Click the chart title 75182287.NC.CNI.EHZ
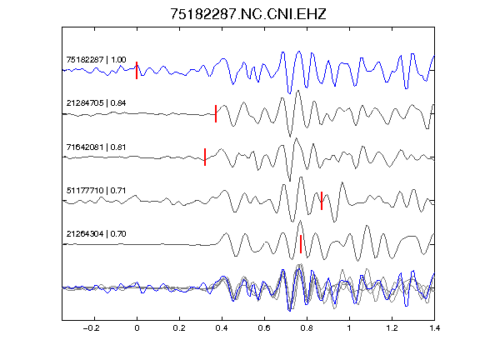(248, 14)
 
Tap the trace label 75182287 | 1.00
(96, 59)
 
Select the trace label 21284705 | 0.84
(96, 102)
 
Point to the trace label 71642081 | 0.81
(96, 147)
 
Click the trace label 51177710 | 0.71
(96, 190)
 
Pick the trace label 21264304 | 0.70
(96, 234)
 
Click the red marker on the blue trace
(137, 70)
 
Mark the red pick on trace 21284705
(216, 113)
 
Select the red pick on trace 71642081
(205, 157)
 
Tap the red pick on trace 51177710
(322, 201)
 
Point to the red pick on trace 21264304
(301, 244)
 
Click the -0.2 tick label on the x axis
(92, 328)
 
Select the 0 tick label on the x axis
(137, 328)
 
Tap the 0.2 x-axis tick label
(179, 328)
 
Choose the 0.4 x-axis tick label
(222, 328)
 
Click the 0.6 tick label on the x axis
(264, 328)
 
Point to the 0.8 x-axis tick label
(307, 328)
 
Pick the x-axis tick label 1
(349, 328)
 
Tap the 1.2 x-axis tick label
(392, 328)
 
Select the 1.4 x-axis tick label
(434, 328)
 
